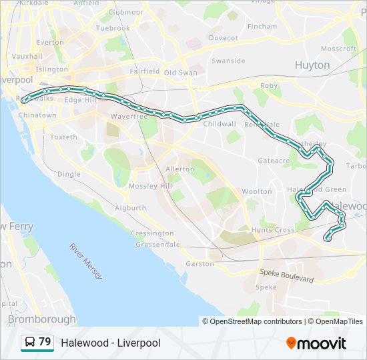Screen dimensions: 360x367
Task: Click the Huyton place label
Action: pos(312,65)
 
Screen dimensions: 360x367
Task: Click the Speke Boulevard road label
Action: pos(287,276)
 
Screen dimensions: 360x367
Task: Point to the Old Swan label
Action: pos(181,72)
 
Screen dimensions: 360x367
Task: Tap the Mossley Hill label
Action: pos(150,186)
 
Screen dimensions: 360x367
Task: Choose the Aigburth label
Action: pos(130,208)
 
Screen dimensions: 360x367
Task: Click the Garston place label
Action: pos(200,264)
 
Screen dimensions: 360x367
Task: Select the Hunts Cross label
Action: pos(273,230)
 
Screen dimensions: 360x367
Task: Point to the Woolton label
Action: pos(257,191)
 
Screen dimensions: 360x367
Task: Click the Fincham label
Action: pos(262,26)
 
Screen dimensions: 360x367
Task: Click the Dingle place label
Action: pos(69,174)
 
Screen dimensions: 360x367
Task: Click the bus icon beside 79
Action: pos(30,343)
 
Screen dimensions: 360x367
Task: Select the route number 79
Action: pos(45,342)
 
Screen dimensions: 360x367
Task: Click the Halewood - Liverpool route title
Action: pos(111,343)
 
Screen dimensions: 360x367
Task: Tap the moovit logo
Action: pos(316,343)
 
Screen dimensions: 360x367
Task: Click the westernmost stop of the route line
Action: pos(24,101)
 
